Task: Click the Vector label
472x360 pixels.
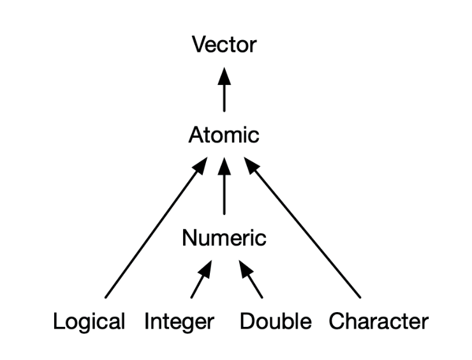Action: [224, 45]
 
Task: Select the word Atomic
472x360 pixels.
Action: [224, 135]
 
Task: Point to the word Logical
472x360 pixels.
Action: [89, 321]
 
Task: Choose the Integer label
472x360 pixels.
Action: [179, 321]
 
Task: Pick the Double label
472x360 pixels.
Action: [275, 321]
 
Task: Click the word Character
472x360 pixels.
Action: [378, 321]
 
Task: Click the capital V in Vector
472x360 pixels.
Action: [198, 45]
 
